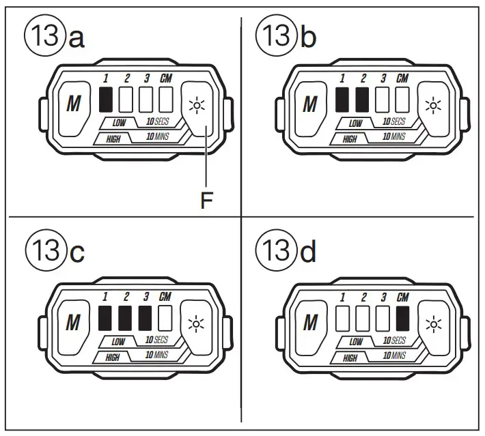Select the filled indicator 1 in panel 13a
click(x=106, y=100)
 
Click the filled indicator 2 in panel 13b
click(x=363, y=100)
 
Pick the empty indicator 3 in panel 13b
click(x=382, y=100)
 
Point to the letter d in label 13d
click(x=309, y=252)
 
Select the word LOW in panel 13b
click(x=355, y=123)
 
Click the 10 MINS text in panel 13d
click(x=393, y=356)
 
